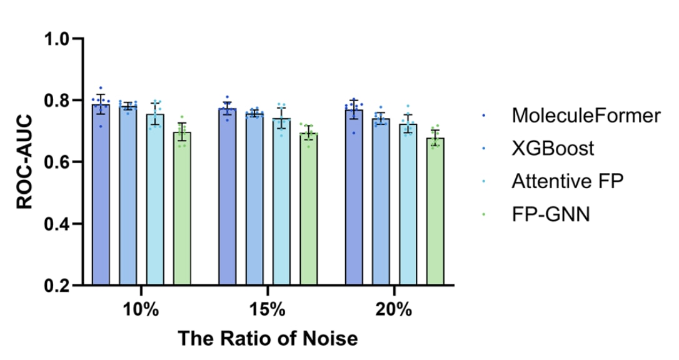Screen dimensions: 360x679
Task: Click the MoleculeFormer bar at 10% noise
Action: point(101,200)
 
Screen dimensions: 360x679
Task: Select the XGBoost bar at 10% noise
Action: point(128,200)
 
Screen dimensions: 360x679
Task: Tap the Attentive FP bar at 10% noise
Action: point(155,203)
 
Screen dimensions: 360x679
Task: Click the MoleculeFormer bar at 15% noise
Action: point(227,200)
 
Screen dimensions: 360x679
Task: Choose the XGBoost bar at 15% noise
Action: point(254,201)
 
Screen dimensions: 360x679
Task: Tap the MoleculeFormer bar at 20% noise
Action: point(354,200)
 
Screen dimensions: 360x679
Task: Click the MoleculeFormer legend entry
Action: point(585,115)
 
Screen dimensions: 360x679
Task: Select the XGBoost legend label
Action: point(553,148)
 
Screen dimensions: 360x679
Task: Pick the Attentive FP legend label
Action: point(567,181)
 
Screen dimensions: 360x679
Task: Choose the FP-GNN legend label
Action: point(550,214)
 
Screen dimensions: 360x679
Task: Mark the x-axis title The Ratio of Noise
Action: point(268,339)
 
